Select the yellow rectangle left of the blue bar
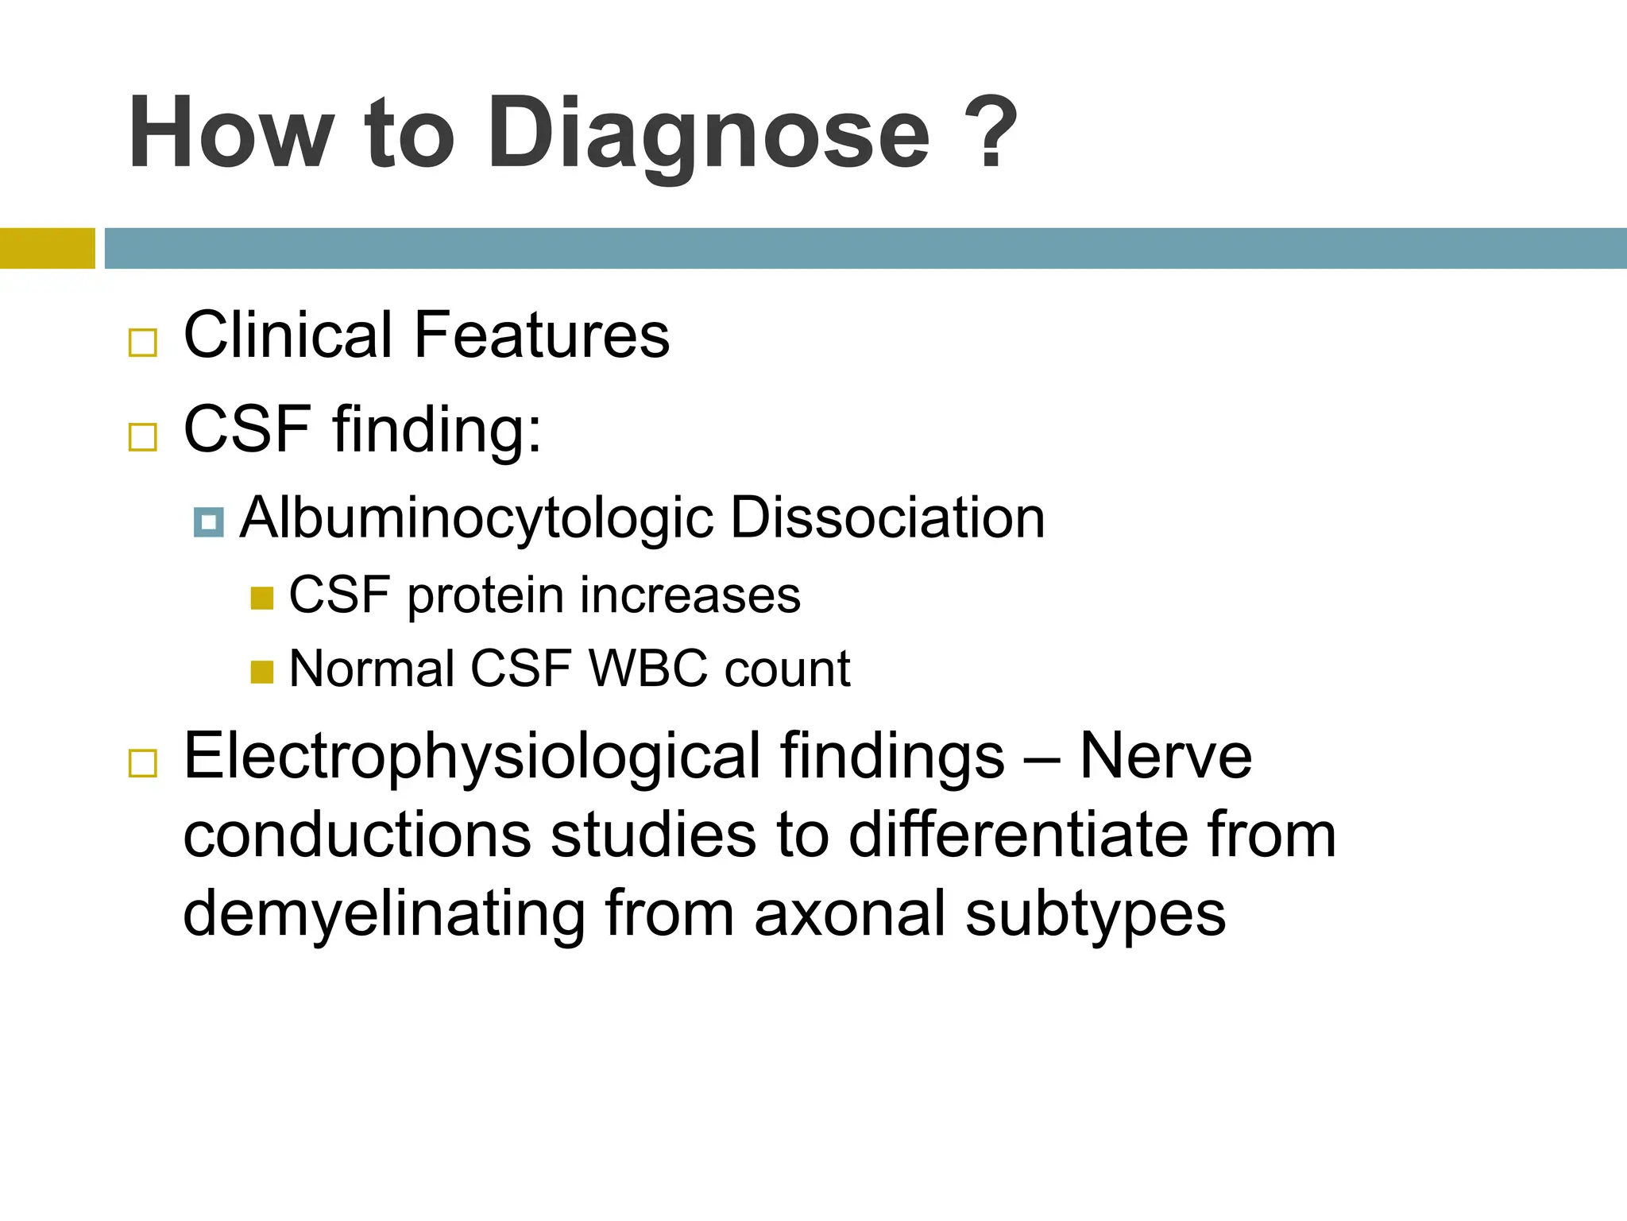point(47,248)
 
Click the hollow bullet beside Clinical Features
point(143,343)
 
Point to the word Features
point(542,335)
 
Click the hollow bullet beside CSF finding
point(143,436)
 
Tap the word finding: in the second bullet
point(437,430)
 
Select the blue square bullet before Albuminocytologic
point(209,522)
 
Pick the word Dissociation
point(887,517)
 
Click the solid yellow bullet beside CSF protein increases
point(261,598)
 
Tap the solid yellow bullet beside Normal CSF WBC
point(261,672)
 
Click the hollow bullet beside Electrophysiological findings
point(143,763)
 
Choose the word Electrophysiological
point(473,758)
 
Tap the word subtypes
point(1096,915)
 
